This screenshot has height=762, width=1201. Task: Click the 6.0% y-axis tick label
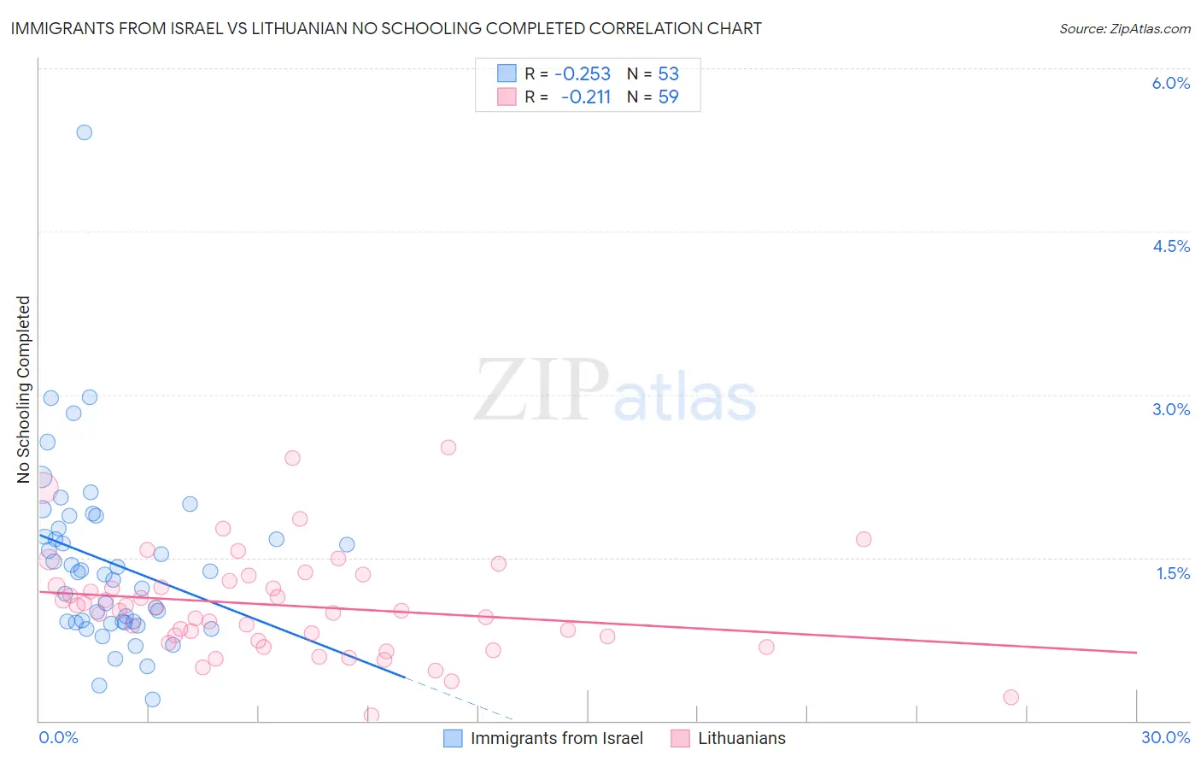click(1170, 83)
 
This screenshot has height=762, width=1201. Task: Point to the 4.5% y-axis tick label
click(1170, 246)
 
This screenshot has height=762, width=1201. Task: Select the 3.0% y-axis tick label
click(1170, 409)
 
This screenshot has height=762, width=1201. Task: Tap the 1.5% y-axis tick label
click(1173, 573)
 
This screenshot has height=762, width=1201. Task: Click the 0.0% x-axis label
click(58, 737)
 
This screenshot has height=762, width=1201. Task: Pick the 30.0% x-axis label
click(1165, 737)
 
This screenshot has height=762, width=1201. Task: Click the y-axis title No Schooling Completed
click(24, 390)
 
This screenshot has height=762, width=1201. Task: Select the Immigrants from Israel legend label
click(556, 738)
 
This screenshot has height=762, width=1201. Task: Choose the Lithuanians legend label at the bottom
click(741, 738)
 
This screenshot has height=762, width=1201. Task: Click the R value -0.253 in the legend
click(583, 73)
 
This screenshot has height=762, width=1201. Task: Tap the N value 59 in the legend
click(668, 97)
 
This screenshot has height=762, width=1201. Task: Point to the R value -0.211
click(586, 97)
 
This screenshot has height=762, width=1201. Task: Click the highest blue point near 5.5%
click(84, 132)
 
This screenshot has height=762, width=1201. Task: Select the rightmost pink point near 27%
click(1011, 697)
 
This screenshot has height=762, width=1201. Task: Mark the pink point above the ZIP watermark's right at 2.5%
click(448, 448)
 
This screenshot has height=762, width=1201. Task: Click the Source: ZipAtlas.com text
click(1124, 28)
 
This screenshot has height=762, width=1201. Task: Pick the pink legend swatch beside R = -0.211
click(507, 97)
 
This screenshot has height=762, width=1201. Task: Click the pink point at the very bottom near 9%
click(372, 715)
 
